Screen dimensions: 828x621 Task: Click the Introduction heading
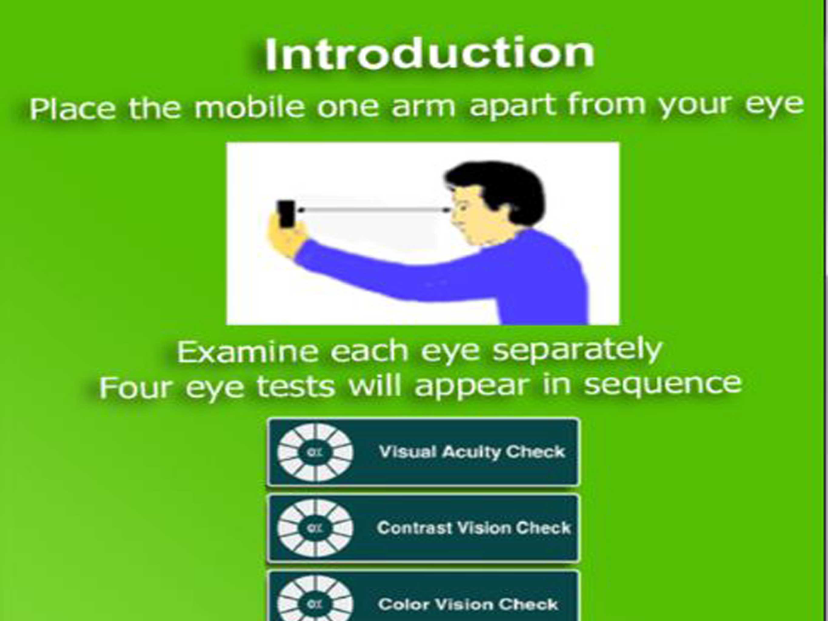[429, 55]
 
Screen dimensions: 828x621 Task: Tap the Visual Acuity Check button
[423, 452]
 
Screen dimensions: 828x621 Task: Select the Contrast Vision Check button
[423, 528]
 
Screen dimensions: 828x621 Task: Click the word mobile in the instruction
[249, 107]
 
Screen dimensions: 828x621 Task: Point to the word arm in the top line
[423, 107]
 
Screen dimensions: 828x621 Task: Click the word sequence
[662, 384]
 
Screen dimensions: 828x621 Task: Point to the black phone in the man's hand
[286, 214]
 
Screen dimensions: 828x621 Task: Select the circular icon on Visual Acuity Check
[315, 453]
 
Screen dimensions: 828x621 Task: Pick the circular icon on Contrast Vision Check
[315, 528]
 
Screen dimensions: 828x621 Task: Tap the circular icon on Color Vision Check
[315, 599]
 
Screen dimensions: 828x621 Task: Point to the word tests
[296, 387]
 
